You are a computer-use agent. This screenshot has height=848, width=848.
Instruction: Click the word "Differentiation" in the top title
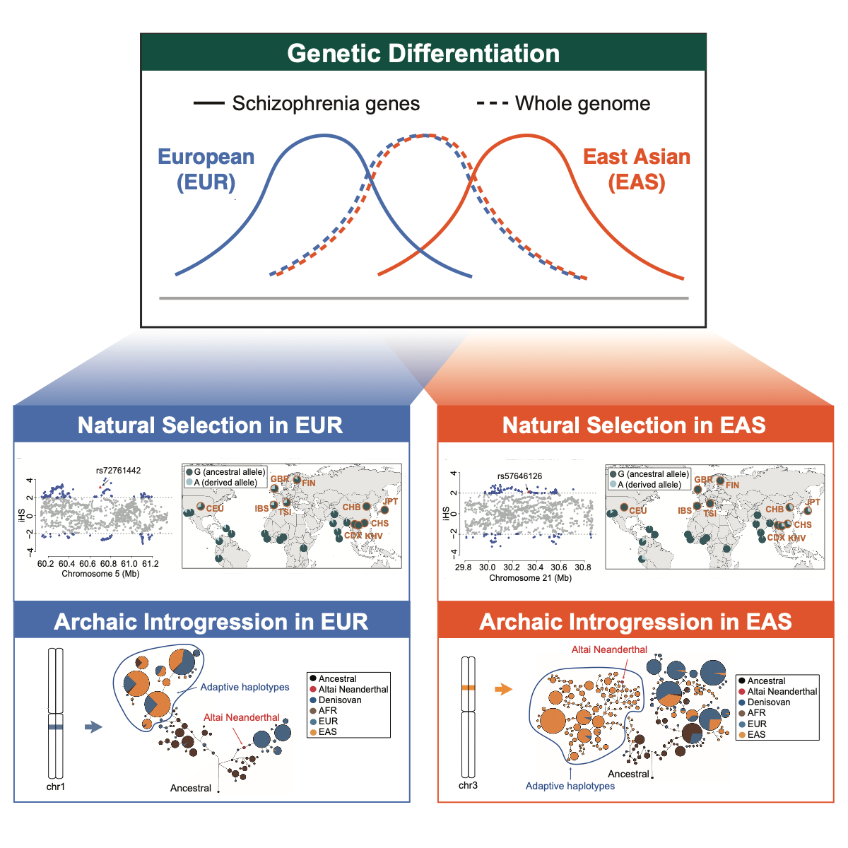[479, 54]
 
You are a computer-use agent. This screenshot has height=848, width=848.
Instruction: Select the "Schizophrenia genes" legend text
[326, 104]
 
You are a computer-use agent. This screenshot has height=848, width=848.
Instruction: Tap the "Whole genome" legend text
[582, 104]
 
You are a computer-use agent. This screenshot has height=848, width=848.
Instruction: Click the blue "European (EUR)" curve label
[206, 169]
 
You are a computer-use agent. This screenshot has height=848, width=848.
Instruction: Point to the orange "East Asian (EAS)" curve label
[637, 169]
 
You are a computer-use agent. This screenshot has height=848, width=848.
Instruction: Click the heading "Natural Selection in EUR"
[210, 425]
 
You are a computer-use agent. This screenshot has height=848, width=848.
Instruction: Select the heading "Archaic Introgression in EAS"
[635, 622]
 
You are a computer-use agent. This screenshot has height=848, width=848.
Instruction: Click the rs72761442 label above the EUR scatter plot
[119, 470]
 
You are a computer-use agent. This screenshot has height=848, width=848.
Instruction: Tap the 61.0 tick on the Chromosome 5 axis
[129, 564]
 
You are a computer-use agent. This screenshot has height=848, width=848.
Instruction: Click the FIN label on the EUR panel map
[309, 483]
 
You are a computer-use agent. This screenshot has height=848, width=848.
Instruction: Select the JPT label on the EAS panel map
[813, 502]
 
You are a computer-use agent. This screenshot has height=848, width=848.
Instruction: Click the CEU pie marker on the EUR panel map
[201, 507]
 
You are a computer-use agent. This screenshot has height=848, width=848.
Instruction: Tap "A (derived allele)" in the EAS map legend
[649, 485]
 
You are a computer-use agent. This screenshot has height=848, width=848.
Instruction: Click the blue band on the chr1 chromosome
[56, 726]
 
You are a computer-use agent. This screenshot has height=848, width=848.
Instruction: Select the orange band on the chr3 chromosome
[468, 687]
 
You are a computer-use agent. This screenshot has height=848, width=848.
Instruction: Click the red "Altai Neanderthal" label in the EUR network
[242, 717]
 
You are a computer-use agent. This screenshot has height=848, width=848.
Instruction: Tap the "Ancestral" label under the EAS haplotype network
[628, 774]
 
